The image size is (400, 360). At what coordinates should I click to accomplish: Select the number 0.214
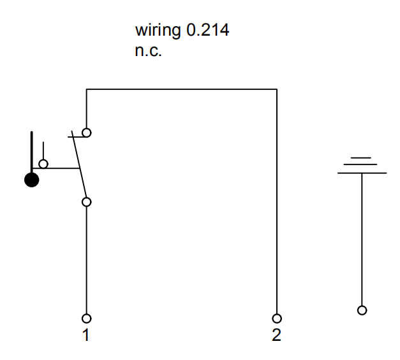click(207, 30)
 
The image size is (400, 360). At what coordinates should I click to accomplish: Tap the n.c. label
click(148, 51)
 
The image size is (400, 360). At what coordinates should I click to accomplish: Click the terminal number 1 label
click(86, 335)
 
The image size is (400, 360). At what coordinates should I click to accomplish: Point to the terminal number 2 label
click(276, 335)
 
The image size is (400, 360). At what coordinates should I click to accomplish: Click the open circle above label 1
click(86, 318)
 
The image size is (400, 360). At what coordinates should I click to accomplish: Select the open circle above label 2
click(277, 318)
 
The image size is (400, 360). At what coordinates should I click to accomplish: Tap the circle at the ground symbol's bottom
click(362, 310)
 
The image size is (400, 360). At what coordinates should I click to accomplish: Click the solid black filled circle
click(31, 180)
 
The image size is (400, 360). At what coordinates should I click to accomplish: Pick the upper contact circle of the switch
click(86, 133)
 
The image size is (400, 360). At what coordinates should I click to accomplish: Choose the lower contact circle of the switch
click(86, 202)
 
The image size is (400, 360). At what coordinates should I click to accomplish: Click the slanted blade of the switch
click(79, 166)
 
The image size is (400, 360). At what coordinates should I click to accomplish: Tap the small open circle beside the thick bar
click(43, 164)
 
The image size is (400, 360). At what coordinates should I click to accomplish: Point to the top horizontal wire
click(182, 90)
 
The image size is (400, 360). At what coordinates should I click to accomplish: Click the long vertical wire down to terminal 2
click(277, 204)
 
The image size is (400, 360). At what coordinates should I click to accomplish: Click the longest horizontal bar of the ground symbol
click(362, 173)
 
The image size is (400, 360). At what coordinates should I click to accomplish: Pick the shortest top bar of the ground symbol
click(362, 157)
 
